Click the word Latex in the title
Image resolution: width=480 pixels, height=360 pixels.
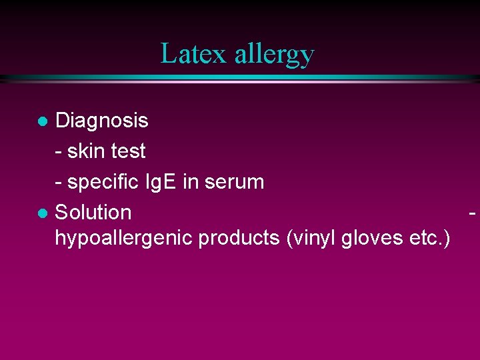[195, 53]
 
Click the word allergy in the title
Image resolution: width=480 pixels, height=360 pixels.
[274, 55]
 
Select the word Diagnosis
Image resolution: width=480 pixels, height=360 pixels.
[101, 121]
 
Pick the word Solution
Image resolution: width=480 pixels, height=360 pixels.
[93, 213]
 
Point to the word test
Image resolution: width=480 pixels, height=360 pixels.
[128, 151]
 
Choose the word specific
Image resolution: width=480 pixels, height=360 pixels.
[99, 182]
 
